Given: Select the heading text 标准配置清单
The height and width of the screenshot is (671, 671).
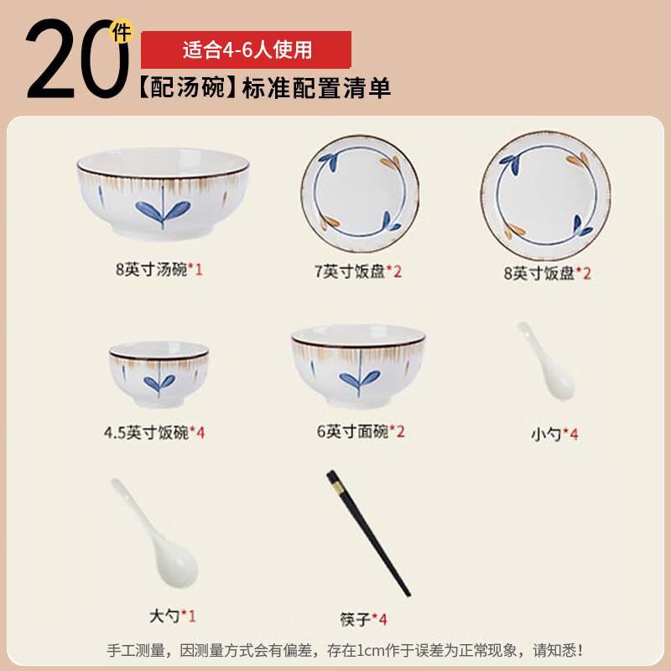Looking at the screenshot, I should [316, 87].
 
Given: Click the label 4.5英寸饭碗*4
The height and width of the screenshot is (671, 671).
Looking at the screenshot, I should [154, 433].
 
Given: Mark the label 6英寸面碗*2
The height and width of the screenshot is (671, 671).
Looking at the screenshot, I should [361, 433].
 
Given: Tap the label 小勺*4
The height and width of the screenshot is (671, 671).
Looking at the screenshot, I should [554, 434].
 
